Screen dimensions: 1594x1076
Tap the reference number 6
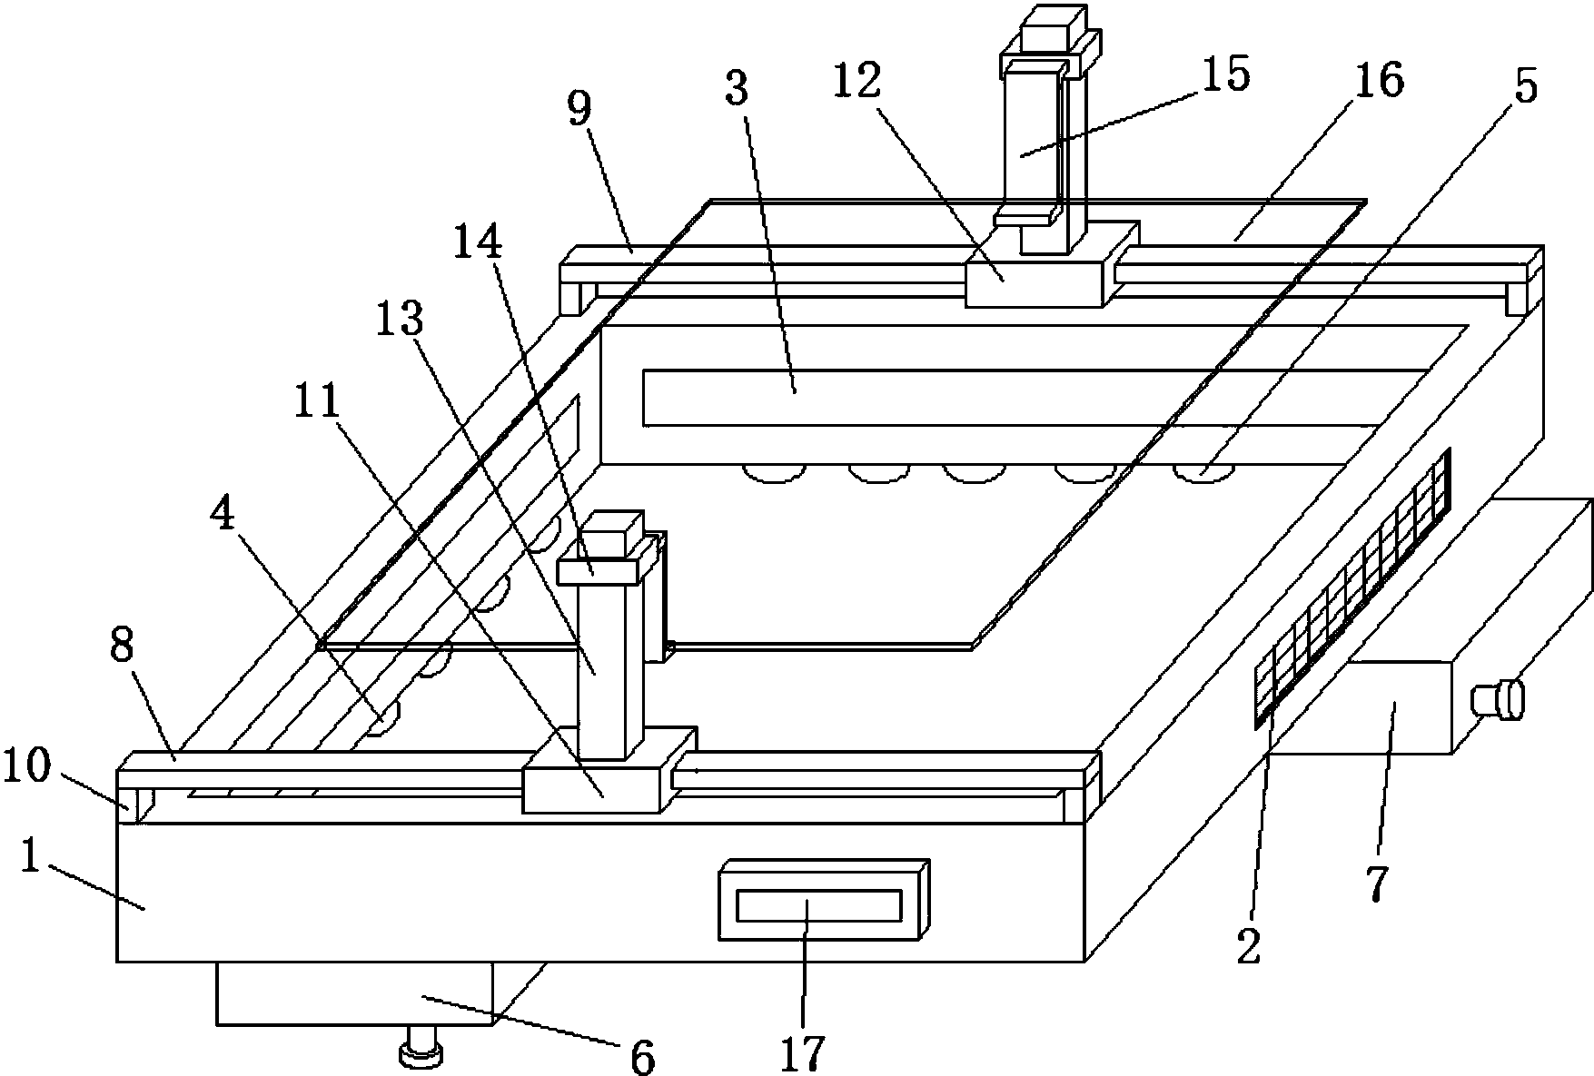(642, 1057)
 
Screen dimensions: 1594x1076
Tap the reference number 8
(122, 647)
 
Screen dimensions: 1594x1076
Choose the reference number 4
(223, 517)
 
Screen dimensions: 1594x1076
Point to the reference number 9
(579, 108)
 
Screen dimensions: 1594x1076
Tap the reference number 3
(736, 87)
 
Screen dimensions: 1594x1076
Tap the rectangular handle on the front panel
(824, 900)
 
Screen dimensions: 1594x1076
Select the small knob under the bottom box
(421, 1047)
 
